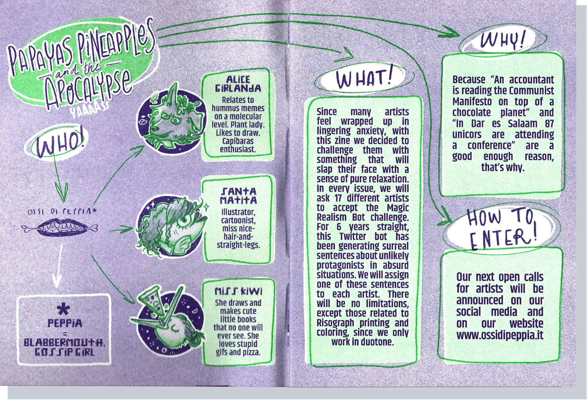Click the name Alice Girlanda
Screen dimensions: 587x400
point(238,84)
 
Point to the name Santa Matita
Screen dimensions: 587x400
point(238,196)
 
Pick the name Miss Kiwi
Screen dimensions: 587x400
point(238,291)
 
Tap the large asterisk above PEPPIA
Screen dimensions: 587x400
point(64,309)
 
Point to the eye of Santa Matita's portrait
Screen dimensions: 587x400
point(185,220)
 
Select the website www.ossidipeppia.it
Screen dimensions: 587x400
point(500,335)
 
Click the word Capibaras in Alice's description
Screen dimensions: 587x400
point(238,141)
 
